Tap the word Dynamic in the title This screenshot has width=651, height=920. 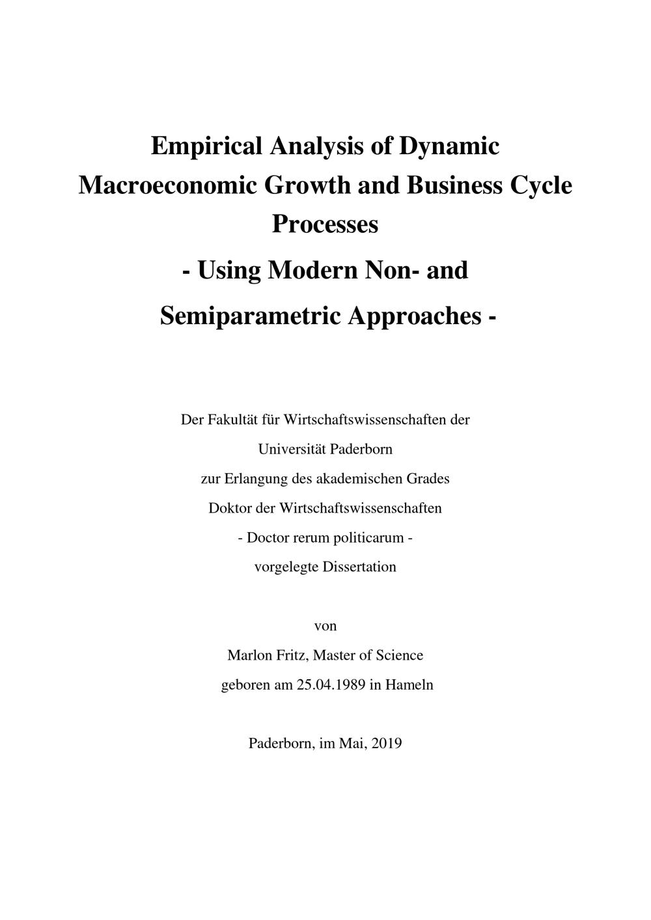pos(449,146)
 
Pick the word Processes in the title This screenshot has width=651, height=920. pos(325,224)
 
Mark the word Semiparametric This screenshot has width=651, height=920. pos(251,316)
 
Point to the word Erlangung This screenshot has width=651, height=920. pos(255,479)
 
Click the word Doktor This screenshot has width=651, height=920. pos(230,508)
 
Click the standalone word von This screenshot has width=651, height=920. pos(325,627)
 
